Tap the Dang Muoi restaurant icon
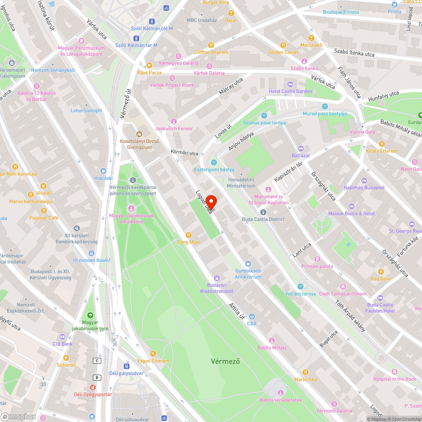pyautogui.click(x=189, y=235)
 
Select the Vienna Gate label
pyautogui.click(x=362, y=132)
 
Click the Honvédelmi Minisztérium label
pyautogui.click(x=241, y=183)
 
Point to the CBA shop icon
pyautogui.click(x=252, y=316)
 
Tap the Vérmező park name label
pyautogui.click(x=225, y=361)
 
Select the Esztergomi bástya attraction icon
pyautogui.click(x=214, y=162)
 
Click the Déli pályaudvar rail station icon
pyautogui.click(x=126, y=366)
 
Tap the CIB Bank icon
pyautogui.click(x=62, y=337)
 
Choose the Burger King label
pyautogui.click(x=216, y=3)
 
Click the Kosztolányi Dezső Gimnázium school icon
pyautogui.click(x=139, y=134)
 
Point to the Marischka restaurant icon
pyautogui.click(x=306, y=372)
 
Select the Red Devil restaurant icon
pyautogui.click(x=381, y=272)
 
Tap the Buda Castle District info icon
pyautogui.click(x=263, y=212)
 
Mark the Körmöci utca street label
pyautogui.click(x=184, y=152)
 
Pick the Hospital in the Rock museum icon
pyautogui.click(x=395, y=372)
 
